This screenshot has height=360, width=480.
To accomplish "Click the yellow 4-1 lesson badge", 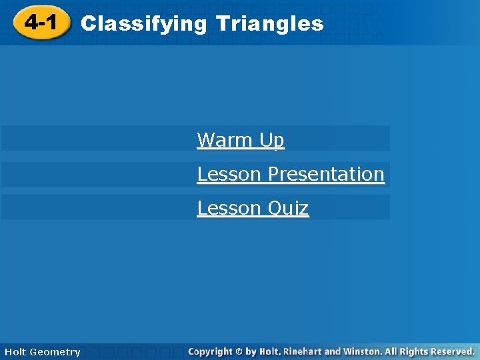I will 41,24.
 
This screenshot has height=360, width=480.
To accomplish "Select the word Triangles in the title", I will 270,25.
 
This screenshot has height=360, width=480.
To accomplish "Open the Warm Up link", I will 241,140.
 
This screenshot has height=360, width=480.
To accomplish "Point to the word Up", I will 271,141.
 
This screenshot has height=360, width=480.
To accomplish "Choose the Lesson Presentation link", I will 291,174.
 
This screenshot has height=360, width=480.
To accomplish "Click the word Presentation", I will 326,174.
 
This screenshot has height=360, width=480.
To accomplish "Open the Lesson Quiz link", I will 253,208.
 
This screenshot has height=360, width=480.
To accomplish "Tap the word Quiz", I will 287,209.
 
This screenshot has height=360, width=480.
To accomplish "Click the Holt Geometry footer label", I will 42,352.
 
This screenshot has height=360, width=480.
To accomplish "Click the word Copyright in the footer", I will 210,351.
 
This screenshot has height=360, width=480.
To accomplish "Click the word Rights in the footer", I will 411,351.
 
